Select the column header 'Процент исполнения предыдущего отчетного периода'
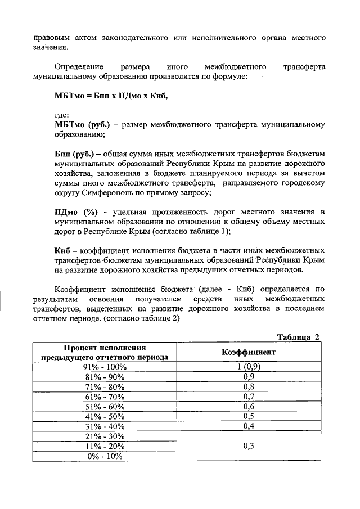click(104, 352)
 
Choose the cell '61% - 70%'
click(105, 397)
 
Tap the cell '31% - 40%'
click(105, 426)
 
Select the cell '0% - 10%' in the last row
click(105, 456)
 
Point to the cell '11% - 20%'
click(105, 446)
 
